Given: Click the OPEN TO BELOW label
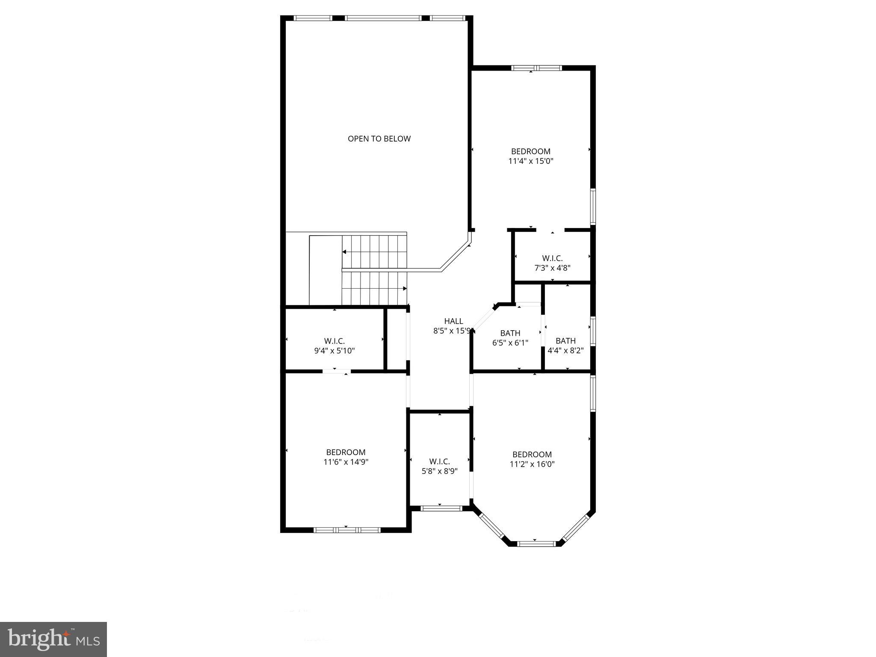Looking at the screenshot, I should tap(379, 139).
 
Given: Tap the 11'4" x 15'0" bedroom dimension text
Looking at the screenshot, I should tap(531, 161).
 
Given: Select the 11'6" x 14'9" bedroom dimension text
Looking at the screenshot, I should tap(346, 462).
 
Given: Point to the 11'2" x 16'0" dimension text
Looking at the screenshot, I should tap(532, 464).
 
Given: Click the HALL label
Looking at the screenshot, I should tap(453, 321).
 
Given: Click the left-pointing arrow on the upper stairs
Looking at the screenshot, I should tap(345, 252).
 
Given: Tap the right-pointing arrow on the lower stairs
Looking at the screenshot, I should tap(404, 288).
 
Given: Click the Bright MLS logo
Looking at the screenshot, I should tap(53, 639).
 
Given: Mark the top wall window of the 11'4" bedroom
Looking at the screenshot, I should tap(536, 68).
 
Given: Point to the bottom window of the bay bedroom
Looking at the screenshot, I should tap(536, 544).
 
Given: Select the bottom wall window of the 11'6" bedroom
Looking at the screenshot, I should tap(347, 530).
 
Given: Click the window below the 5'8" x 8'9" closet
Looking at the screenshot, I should tap(441, 508).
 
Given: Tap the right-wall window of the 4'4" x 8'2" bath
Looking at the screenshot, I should tap(593, 331).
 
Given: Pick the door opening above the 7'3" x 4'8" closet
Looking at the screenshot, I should tap(550, 230).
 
